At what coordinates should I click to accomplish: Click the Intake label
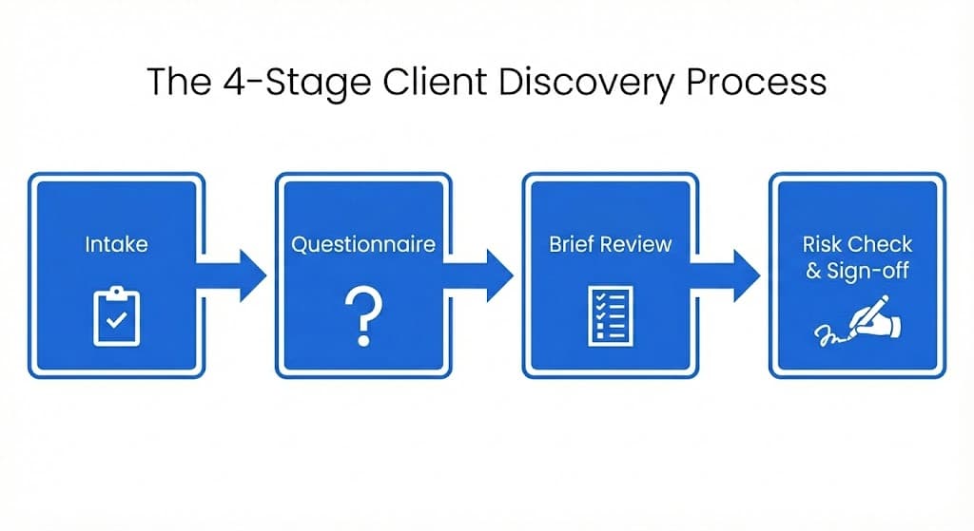point(116,244)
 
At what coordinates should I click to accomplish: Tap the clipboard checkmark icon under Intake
point(116,316)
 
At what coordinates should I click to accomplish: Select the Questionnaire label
point(362,244)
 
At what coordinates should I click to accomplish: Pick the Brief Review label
point(610,244)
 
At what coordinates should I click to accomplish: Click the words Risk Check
point(856,245)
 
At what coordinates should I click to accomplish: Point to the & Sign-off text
point(856,271)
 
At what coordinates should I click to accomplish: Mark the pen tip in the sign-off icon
point(844,332)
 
